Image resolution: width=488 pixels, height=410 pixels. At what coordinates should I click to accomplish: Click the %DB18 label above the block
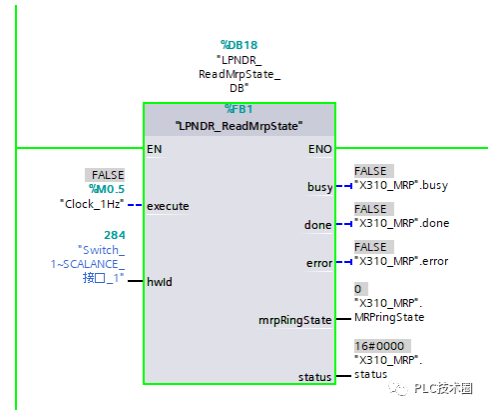tap(239, 45)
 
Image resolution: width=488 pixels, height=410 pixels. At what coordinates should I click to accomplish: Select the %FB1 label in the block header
tap(239, 109)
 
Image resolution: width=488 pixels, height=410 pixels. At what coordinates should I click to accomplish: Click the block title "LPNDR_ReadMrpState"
tap(239, 126)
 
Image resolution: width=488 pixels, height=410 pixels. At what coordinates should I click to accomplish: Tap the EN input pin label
tap(155, 149)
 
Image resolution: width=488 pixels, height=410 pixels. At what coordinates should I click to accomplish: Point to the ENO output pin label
tap(319, 149)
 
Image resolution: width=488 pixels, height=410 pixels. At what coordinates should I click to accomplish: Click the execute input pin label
tap(168, 206)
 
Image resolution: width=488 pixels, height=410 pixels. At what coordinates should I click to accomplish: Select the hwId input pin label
tap(160, 282)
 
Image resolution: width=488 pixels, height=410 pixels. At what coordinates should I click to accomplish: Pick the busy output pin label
tap(319, 187)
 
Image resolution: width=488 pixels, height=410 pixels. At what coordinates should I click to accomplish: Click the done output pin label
tap(317, 225)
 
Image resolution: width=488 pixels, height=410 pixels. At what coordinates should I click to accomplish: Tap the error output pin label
tap(319, 263)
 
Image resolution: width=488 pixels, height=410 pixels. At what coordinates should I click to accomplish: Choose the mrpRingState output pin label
tap(295, 320)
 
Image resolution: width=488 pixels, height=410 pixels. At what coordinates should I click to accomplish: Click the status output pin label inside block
tap(314, 377)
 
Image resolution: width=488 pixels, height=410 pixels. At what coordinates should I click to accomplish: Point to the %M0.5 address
tap(107, 189)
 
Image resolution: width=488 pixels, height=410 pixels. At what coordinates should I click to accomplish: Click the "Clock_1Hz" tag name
tap(92, 204)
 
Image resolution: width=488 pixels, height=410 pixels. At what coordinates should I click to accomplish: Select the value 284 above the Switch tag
tap(115, 235)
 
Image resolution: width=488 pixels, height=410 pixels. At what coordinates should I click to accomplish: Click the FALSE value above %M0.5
tap(105, 175)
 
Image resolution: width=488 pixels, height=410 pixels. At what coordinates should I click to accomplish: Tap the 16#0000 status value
tap(382, 346)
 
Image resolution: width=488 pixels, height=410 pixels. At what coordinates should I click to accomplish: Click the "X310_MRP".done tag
tap(401, 223)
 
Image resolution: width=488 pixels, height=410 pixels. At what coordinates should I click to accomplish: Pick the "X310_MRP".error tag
tap(401, 261)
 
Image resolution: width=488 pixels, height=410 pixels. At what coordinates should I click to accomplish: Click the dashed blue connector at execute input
tap(135, 205)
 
